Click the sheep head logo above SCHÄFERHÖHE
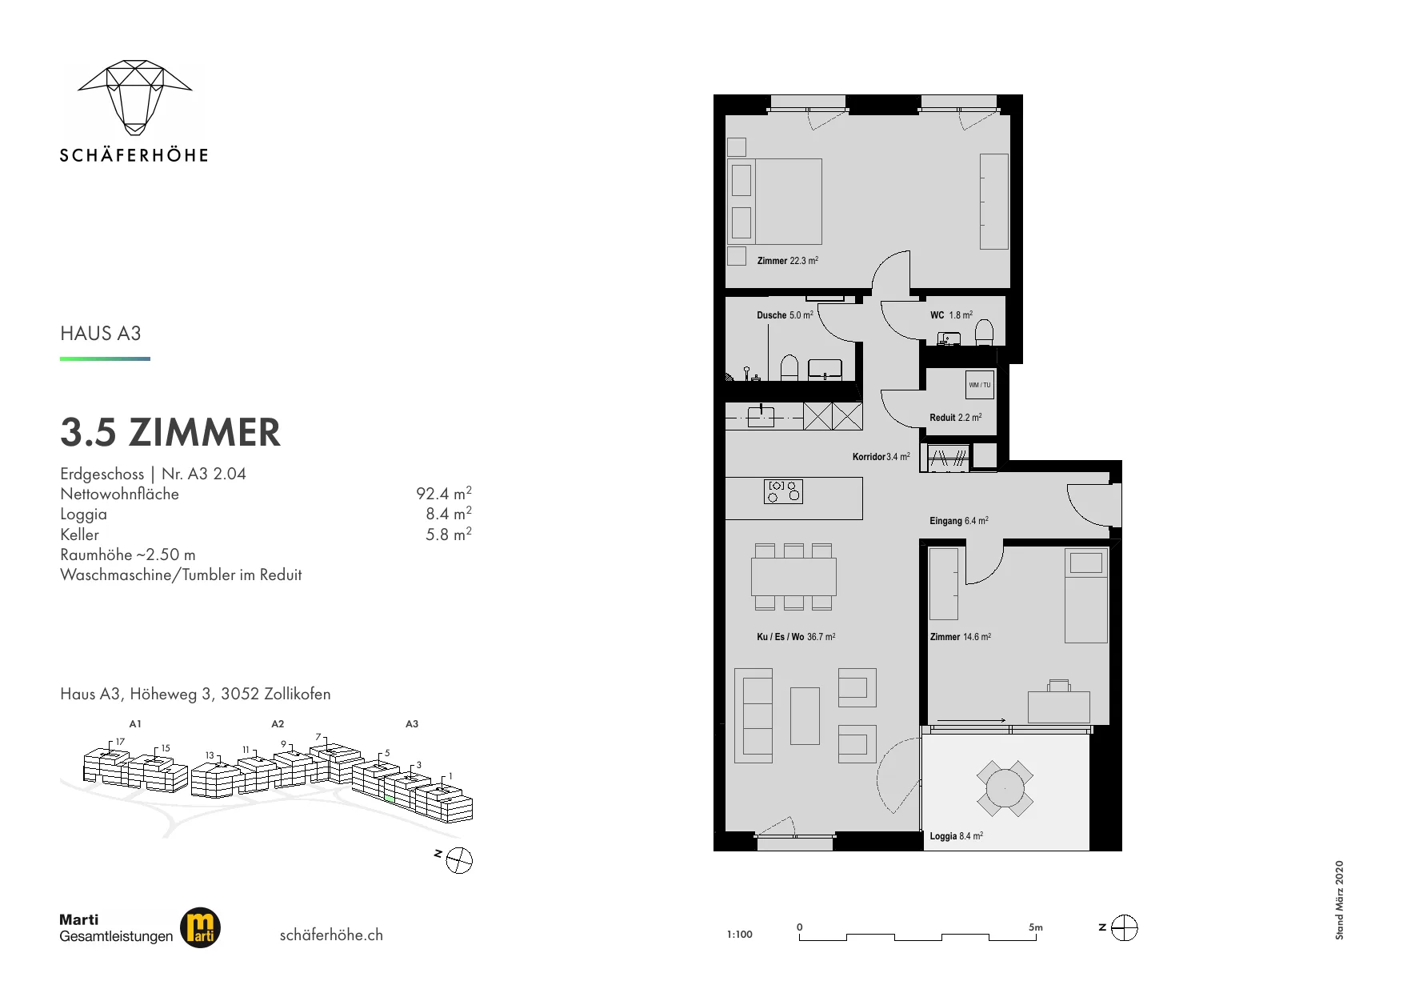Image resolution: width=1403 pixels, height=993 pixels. click(x=134, y=96)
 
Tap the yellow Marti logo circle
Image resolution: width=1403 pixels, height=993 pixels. click(x=200, y=928)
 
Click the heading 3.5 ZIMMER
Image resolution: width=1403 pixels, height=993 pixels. click(x=170, y=432)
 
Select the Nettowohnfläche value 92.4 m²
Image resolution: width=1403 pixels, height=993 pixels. click(x=444, y=493)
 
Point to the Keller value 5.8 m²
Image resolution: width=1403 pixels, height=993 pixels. click(x=449, y=534)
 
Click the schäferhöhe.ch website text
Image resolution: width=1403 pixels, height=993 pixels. click(x=331, y=935)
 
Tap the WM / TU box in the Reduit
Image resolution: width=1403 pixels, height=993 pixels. click(x=980, y=385)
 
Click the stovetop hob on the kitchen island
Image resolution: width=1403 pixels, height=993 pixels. click(x=784, y=491)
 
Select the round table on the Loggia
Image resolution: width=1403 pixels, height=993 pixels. click(x=1005, y=789)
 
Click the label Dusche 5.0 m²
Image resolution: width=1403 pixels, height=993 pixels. click(x=785, y=315)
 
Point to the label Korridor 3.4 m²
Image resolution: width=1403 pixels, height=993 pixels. click(x=881, y=457)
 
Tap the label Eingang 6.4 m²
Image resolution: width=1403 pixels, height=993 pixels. click(x=959, y=521)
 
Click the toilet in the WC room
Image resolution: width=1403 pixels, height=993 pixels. click(x=985, y=332)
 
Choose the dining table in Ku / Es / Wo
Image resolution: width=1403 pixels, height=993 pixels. click(x=793, y=576)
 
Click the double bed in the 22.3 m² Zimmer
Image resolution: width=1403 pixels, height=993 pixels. click(x=774, y=201)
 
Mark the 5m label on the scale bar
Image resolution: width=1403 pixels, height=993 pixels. click(x=1036, y=927)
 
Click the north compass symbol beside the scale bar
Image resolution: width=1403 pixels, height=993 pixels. click(x=1125, y=928)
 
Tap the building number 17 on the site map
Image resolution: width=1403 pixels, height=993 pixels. click(x=120, y=742)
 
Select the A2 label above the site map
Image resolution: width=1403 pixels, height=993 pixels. click(x=278, y=724)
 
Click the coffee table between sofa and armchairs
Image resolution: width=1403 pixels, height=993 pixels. click(x=805, y=716)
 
